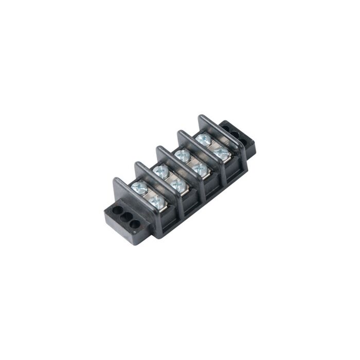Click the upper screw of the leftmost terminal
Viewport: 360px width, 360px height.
point(139,188)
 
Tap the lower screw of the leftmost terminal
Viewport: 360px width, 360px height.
point(157,198)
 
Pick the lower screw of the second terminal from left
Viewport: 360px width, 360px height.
point(178,184)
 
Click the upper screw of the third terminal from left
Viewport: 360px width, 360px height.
point(182,155)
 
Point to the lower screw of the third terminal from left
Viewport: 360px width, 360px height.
point(200,168)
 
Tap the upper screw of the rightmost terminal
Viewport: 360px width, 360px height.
point(204,138)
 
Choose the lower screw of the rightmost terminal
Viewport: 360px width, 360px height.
point(221,152)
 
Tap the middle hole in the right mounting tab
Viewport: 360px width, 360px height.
point(235,133)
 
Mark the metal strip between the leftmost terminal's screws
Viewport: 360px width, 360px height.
point(148,194)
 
